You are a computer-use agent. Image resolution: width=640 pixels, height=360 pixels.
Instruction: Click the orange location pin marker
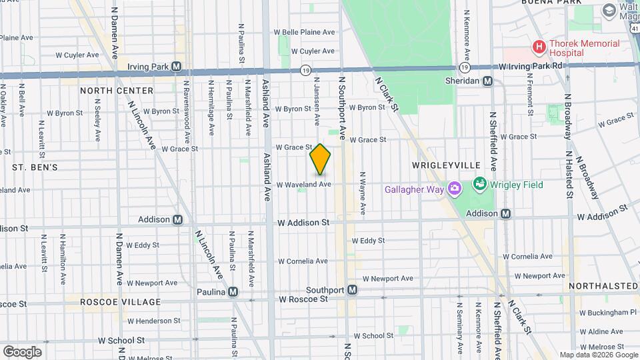(320, 159)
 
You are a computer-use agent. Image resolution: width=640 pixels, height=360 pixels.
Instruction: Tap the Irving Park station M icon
(177, 66)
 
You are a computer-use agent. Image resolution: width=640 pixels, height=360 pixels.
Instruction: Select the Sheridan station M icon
(488, 81)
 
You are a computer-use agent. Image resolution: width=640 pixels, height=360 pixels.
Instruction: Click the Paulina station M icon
(233, 291)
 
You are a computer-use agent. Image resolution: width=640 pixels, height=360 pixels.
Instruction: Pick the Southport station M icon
(353, 290)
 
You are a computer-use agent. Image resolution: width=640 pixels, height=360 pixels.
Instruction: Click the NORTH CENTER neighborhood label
(117, 90)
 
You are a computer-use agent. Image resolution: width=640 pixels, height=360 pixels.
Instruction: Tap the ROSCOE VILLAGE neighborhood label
(111, 302)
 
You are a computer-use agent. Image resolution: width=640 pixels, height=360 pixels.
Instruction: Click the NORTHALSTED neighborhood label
(603, 286)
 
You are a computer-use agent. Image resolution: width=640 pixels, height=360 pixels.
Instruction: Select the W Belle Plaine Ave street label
(304, 32)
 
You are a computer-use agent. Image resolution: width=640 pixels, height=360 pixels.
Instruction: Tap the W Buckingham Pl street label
(608, 312)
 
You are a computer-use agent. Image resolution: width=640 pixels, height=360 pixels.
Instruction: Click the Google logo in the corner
(22, 351)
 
